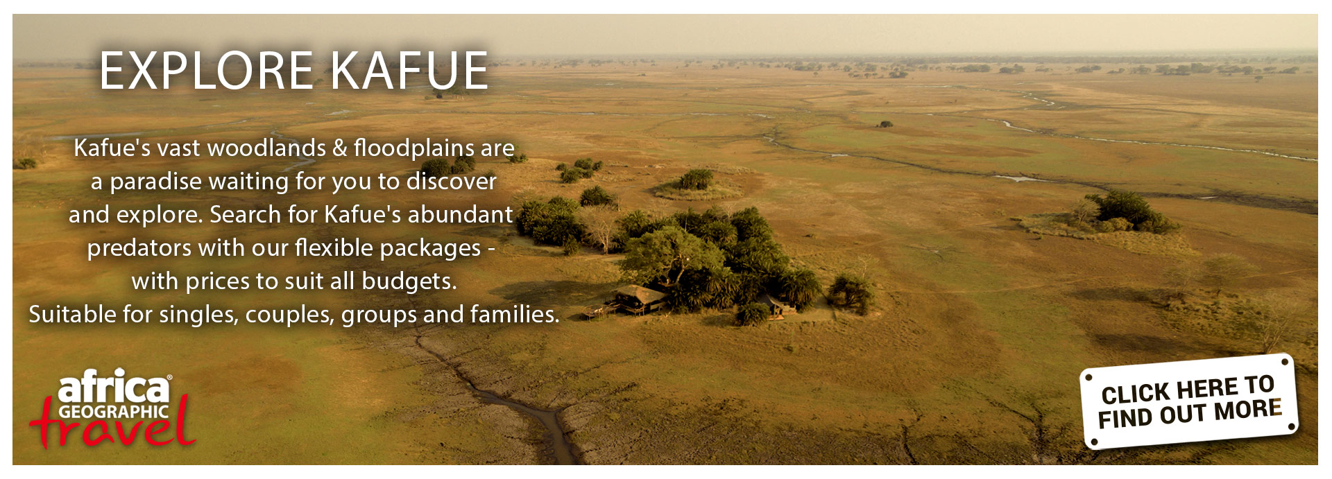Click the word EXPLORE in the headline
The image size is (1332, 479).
click(206, 71)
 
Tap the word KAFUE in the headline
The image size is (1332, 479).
click(409, 71)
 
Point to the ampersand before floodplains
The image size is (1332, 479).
click(340, 148)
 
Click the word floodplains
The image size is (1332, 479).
click(414, 148)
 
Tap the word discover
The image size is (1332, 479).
click(452, 181)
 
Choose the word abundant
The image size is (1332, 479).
click(461, 214)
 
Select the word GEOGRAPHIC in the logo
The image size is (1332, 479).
click(114, 411)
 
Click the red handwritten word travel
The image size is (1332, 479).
click(113, 424)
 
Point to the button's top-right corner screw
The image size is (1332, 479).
click(1286, 363)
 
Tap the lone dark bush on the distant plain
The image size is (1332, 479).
click(885, 124)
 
